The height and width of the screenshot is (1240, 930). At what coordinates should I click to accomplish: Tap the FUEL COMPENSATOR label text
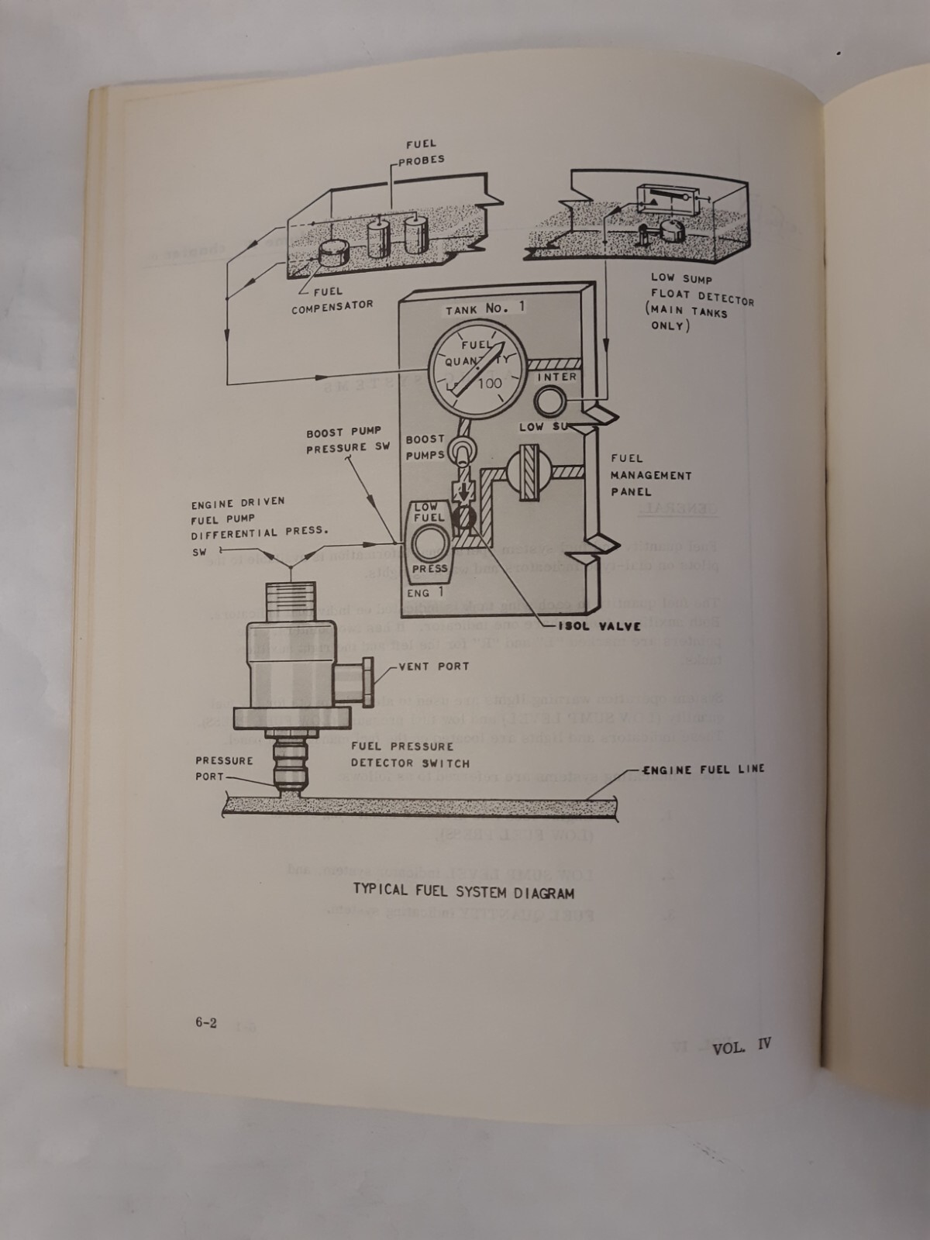tap(332, 298)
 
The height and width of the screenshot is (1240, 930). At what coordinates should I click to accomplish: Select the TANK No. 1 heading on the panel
tap(485, 308)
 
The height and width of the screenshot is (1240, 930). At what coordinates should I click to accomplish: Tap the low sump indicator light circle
tap(552, 401)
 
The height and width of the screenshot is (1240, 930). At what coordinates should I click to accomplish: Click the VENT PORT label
tap(433, 666)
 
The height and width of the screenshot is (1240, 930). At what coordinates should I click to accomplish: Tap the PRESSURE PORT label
tap(224, 768)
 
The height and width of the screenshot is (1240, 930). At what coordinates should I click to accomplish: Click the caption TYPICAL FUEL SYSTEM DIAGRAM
tap(463, 892)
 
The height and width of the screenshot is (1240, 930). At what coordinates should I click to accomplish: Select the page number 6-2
tap(206, 1022)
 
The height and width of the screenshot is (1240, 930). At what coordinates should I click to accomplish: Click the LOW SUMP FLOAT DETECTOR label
tap(701, 301)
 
